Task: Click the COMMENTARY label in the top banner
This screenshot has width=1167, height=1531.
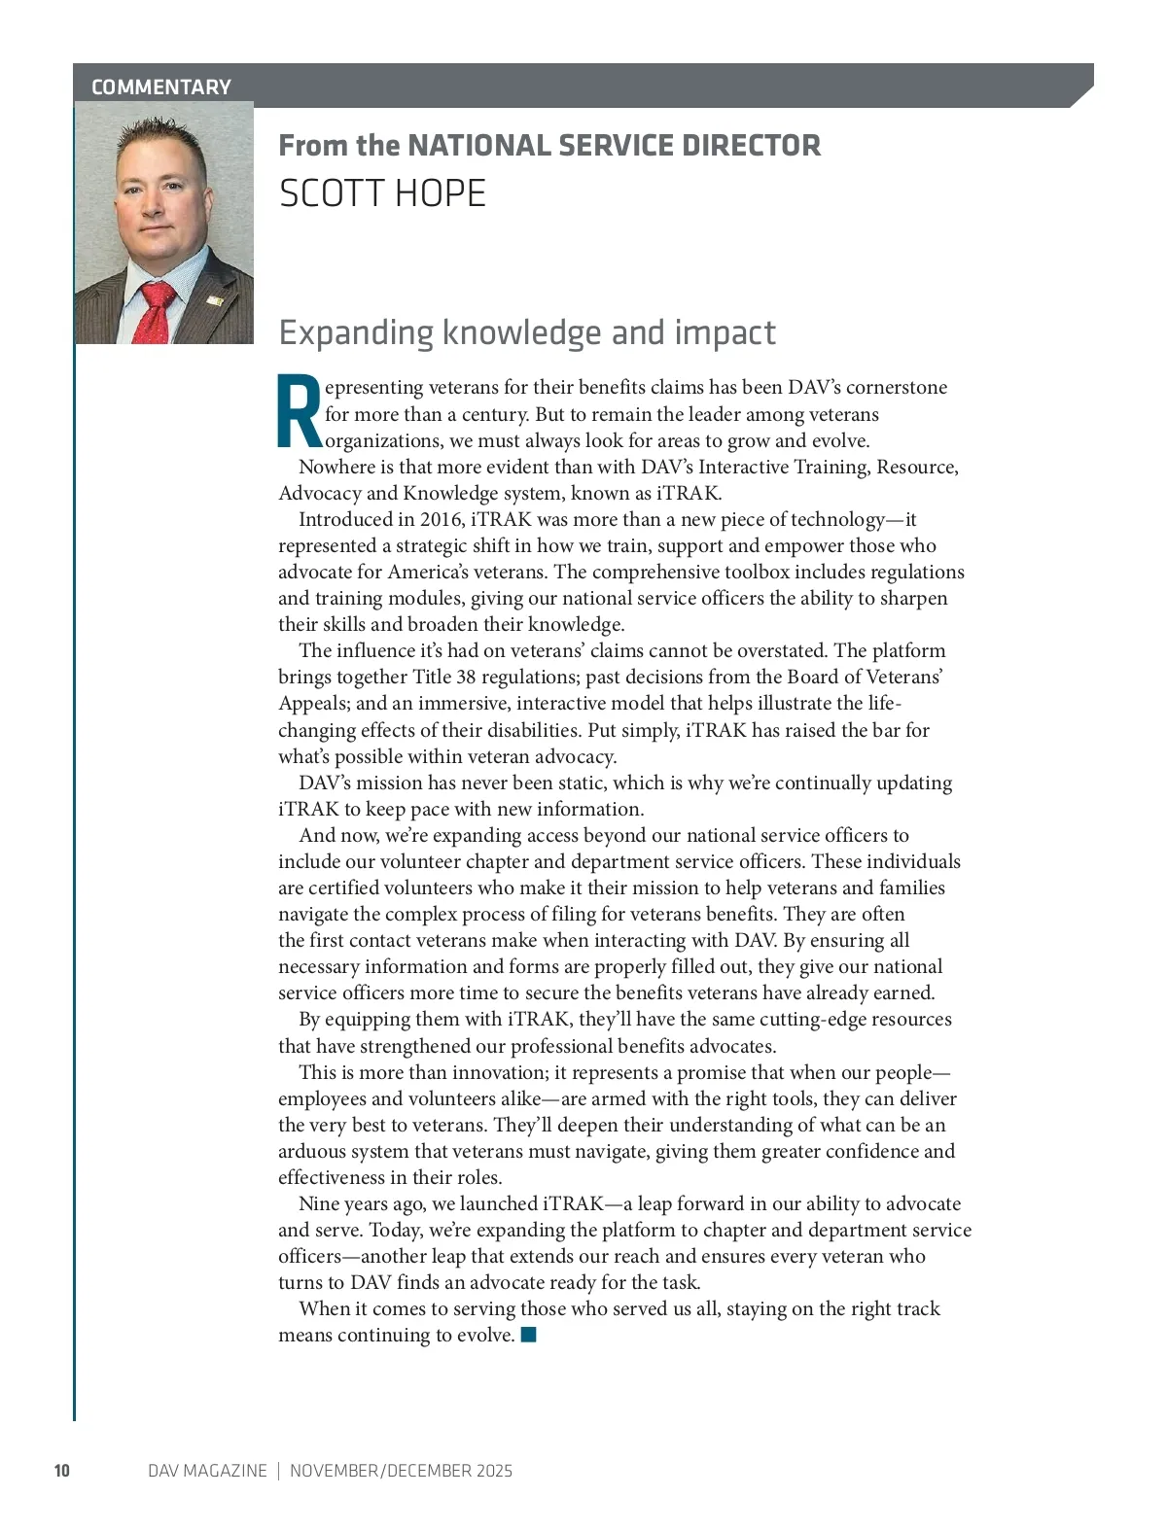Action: click(160, 87)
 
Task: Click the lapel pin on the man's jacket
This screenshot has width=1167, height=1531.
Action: click(215, 301)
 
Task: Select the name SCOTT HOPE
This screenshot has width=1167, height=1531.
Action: click(382, 193)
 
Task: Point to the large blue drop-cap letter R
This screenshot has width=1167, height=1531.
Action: click(300, 411)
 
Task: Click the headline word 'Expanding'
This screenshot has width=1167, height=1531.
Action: click(356, 332)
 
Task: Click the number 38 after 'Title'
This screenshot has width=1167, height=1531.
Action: click(466, 677)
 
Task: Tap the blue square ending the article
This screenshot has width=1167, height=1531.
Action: click(529, 1334)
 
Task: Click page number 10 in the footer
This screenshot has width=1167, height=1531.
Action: click(62, 1470)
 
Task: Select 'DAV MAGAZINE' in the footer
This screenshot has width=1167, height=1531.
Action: click(207, 1470)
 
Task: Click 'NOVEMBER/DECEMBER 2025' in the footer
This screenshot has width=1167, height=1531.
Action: click(401, 1470)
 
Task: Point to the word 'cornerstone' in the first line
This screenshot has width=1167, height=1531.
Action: click(896, 387)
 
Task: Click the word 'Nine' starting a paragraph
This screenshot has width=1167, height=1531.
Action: click(319, 1203)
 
